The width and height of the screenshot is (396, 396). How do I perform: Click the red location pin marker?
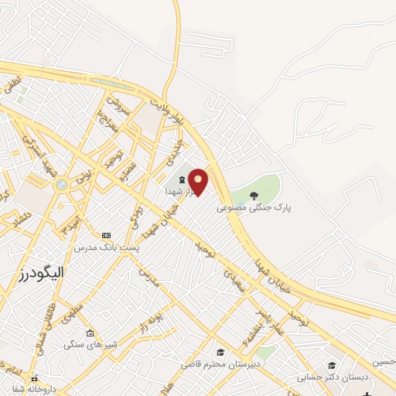click(x=198, y=181)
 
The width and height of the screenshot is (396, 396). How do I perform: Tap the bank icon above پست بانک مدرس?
click(x=106, y=235)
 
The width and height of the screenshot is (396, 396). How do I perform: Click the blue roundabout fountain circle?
click(x=61, y=184)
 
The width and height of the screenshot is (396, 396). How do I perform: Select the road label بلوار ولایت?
click(x=167, y=111)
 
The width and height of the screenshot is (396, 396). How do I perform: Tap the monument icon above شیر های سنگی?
click(x=90, y=333)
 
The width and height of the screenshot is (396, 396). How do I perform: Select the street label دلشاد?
click(x=13, y=221)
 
